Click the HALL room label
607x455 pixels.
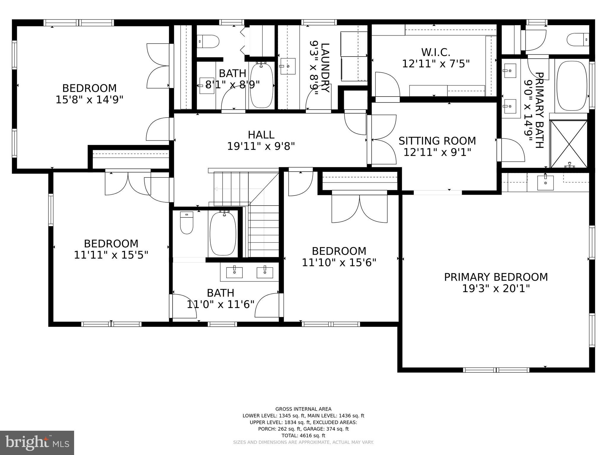261,135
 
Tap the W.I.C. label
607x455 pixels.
436,53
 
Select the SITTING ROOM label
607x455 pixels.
437,141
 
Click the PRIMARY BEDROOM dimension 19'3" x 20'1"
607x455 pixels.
496,289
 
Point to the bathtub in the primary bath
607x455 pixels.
571,86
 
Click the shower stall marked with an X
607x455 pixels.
568,144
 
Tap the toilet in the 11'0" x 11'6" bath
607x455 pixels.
187,223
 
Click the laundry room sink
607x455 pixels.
288,66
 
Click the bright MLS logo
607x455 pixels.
37,443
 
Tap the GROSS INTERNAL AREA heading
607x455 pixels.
303,409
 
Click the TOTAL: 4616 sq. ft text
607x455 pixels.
303,435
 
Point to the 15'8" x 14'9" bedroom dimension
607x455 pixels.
89,100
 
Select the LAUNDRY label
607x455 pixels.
325,68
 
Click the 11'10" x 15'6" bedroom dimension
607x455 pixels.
339,262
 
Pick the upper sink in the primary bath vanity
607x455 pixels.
510,71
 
